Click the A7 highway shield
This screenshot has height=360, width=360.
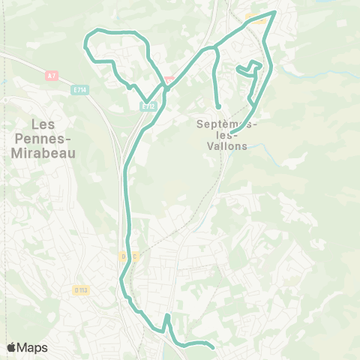click(x=51, y=75)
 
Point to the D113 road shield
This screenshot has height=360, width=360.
click(x=81, y=289)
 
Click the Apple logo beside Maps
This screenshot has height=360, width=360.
click(x=11, y=347)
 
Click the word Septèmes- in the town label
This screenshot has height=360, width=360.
click(x=225, y=123)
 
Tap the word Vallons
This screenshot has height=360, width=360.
click(x=225, y=147)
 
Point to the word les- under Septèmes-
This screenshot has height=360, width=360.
click(x=225, y=135)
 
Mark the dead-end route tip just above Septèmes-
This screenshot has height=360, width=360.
click(x=218, y=106)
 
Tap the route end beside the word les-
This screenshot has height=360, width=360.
click(x=232, y=133)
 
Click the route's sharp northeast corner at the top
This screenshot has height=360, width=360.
click(x=275, y=12)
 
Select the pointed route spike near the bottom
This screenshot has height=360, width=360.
click(x=167, y=316)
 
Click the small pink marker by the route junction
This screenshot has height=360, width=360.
click(x=169, y=78)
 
